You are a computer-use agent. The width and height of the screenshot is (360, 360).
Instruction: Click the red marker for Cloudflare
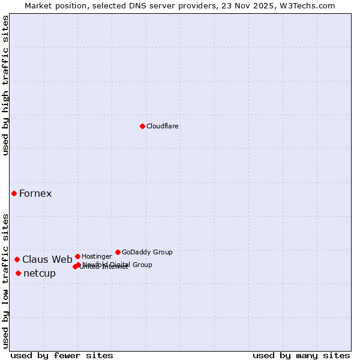(x=142, y=126)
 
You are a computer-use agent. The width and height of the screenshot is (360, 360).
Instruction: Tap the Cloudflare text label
(x=162, y=127)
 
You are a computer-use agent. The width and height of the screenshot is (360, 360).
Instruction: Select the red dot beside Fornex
(x=14, y=193)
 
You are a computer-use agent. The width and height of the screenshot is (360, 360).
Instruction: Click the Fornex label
(x=35, y=193)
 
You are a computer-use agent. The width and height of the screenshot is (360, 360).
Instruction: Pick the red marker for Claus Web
(x=17, y=259)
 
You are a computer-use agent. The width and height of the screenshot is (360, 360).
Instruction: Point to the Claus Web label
(x=47, y=260)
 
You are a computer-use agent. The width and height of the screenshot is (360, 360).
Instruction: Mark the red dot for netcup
(x=18, y=273)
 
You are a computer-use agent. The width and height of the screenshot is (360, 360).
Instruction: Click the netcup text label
(x=40, y=274)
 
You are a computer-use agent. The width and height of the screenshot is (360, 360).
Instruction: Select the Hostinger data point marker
(x=77, y=256)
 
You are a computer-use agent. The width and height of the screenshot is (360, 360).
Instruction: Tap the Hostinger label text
(x=97, y=257)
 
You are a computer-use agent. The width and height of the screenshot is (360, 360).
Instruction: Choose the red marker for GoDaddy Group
(x=118, y=252)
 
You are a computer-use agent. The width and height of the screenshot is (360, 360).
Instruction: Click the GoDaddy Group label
(x=147, y=253)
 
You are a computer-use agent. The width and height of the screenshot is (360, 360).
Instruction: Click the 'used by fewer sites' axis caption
(x=62, y=355)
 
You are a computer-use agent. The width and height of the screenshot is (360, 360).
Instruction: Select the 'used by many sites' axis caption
(x=301, y=355)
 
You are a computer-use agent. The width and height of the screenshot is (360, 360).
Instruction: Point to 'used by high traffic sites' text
(x=5, y=85)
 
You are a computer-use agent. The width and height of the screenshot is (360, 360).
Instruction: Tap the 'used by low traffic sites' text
(x=5, y=280)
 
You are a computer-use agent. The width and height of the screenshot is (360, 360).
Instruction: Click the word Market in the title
(x=38, y=6)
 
